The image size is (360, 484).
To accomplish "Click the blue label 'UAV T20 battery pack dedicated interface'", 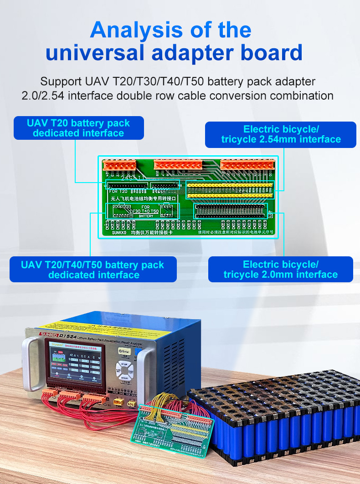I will coord(78,128).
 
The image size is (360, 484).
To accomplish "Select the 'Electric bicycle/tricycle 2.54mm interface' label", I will coord(281,134).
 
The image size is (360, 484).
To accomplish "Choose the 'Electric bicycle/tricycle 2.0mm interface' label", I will coord(280,269).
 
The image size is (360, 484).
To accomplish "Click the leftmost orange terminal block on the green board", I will coord(119,164).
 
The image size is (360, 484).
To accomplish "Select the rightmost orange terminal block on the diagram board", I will coord(247,164).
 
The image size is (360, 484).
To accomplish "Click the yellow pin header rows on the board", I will coord(231,190).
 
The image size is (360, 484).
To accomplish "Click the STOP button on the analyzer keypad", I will coord(124,359).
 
